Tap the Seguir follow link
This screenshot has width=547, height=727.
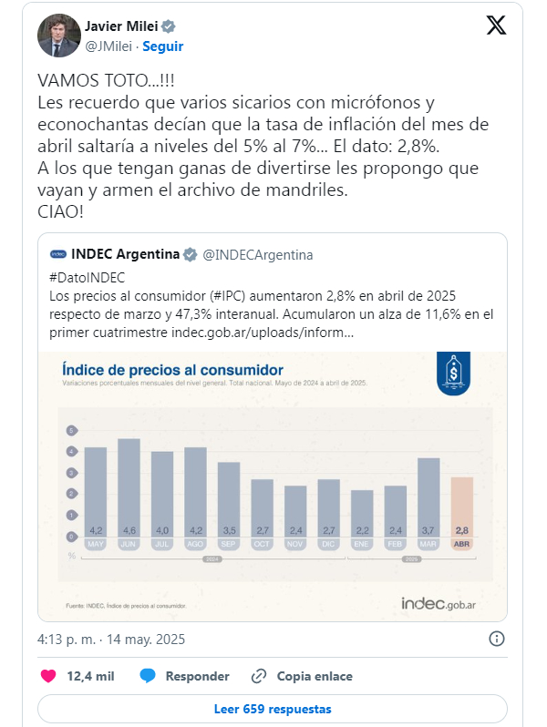click(164, 46)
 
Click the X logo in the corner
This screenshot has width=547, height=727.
click(496, 26)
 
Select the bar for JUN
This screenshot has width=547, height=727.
click(129, 487)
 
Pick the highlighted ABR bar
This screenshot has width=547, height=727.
click(462, 507)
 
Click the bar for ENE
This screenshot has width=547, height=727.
click(362, 513)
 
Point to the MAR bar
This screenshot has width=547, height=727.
click(428, 497)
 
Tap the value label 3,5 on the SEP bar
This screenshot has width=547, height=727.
click(229, 529)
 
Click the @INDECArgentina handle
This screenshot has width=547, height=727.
click(256, 254)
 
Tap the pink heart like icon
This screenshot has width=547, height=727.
click(50, 676)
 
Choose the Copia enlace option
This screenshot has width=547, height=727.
click(302, 676)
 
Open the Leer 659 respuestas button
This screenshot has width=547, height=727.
click(273, 709)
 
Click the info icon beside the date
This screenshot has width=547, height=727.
click(497, 638)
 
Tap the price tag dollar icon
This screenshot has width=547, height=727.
click(450, 374)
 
